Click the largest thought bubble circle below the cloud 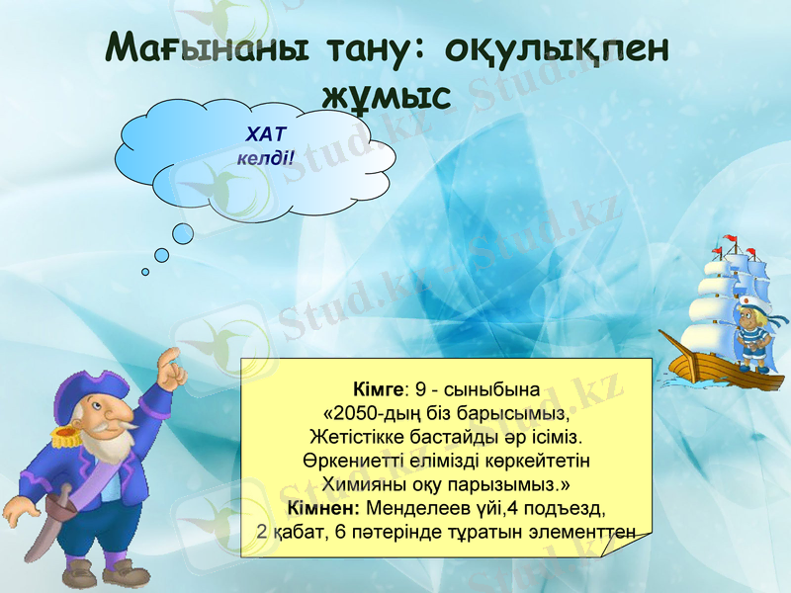click(x=184, y=233)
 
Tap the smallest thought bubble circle click(x=145, y=271)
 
